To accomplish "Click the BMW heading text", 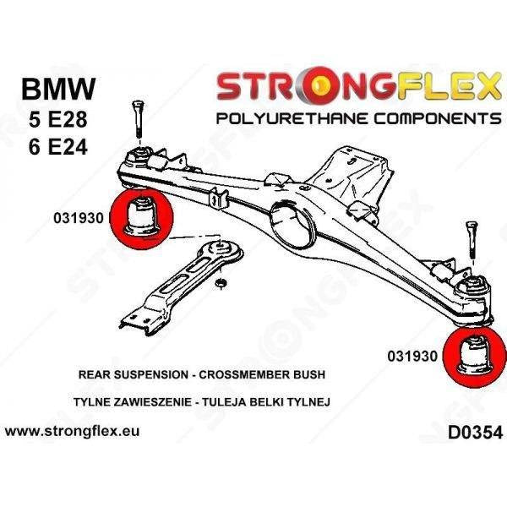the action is tap(58, 89).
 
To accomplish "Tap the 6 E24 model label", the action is tap(57, 146).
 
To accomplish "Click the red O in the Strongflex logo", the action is tap(319, 86).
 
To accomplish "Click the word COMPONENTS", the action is tap(438, 118).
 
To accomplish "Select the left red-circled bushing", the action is tap(142, 219).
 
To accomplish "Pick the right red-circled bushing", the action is tap(474, 357).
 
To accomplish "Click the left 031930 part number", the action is tap(79, 218).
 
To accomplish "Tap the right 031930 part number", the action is tap(412, 357).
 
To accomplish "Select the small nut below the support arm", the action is tap(221, 284).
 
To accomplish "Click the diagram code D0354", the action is tap(475, 433).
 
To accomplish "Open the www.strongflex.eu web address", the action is tap(72, 431).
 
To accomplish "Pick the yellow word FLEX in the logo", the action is tap(448, 86).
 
